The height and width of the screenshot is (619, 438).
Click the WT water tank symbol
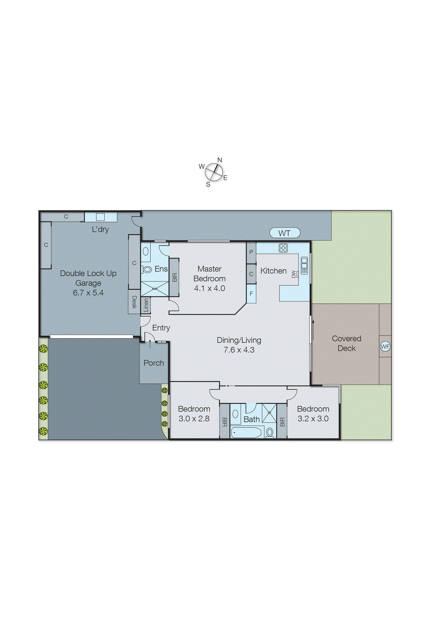click(x=285, y=233)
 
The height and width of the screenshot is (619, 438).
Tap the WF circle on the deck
click(x=385, y=346)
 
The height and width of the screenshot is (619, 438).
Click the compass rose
click(x=214, y=172)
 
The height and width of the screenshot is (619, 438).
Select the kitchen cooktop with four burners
click(x=283, y=248)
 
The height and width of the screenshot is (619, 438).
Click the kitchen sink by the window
click(x=304, y=265)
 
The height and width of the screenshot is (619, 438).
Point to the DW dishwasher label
click(x=294, y=274)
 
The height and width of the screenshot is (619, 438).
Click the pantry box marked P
click(x=251, y=252)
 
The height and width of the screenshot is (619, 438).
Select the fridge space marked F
click(x=251, y=294)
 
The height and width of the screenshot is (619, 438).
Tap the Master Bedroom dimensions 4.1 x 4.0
click(x=210, y=288)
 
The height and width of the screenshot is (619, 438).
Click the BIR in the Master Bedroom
click(x=174, y=277)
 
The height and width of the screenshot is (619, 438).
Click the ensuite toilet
click(x=147, y=269)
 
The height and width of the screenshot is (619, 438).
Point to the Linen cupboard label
click(x=146, y=305)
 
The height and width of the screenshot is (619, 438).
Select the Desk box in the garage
click(x=134, y=302)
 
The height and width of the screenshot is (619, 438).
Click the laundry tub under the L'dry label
click(x=101, y=217)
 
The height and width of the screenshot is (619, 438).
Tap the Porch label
click(x=153, y=363)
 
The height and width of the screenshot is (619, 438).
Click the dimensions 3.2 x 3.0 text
click(x=313, y=419)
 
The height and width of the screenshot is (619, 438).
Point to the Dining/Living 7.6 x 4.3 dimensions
click(x=239, y=350)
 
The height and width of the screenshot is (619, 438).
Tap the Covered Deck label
click(x=346, y=343)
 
